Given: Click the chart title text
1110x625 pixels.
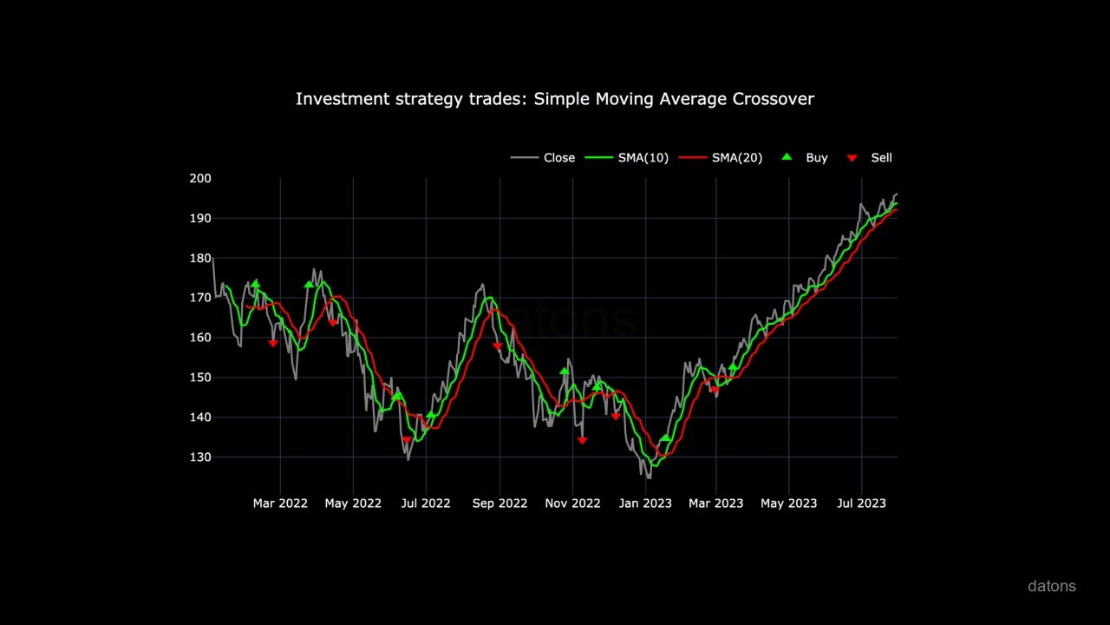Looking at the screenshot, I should tap(554, 99).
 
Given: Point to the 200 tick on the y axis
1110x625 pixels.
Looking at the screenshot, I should tap(200, 179).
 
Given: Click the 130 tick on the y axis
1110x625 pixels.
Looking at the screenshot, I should tap(200, 457).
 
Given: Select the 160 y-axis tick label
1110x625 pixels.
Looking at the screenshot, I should tap(200, 338).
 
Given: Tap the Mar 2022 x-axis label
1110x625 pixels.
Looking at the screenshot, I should tap(280, 503).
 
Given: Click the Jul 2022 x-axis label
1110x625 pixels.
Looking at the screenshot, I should tap(426, 503).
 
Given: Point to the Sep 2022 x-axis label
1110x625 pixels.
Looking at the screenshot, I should tap(499, 503).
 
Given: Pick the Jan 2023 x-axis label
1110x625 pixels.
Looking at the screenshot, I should tap(645, 503).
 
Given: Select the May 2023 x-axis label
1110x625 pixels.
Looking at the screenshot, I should tap(788, 503).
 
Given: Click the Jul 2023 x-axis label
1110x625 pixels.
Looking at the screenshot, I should tap(861, 503).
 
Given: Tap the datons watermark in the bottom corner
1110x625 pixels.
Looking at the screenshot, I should tap(1051, 586).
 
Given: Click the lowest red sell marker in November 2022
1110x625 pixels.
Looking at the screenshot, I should tap(582, 441).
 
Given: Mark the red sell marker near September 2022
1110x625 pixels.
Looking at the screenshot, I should tap(498, 346).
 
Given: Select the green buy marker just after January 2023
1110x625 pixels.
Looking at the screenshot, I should tap(665, 438).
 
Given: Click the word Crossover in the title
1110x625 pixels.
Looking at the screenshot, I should tap(773, 99).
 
